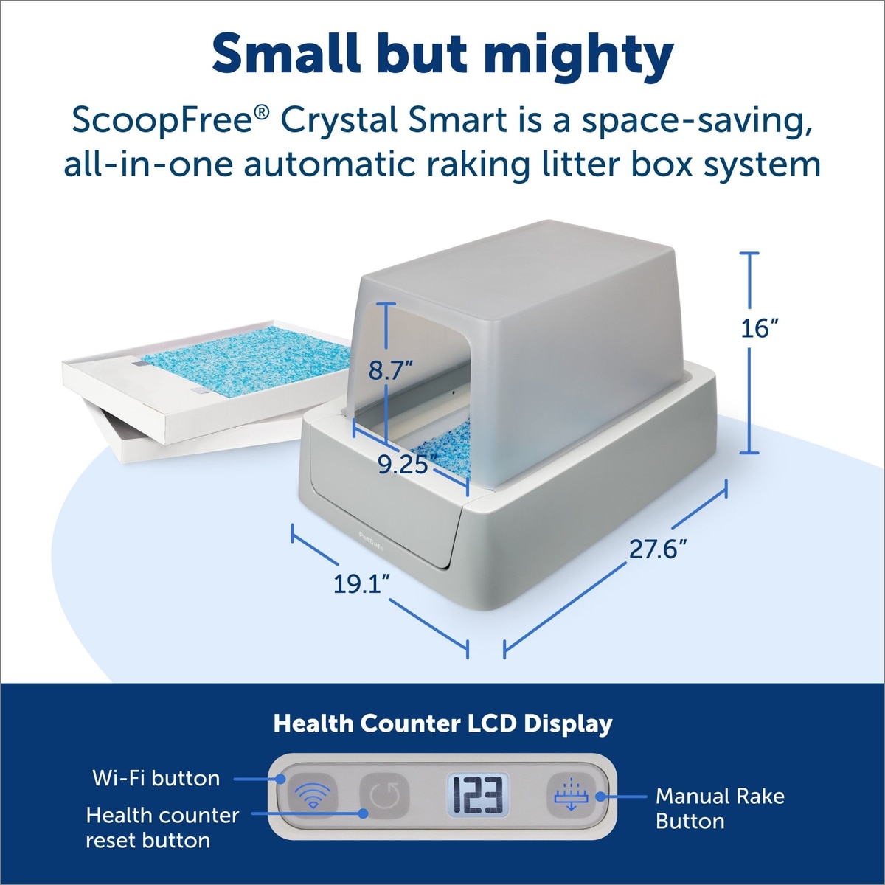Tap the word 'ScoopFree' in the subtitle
pos(164,121)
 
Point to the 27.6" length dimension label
pos(658,549)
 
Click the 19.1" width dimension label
pos(362,583)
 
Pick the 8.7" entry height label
pos(392,369)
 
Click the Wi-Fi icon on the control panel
pos(312,796)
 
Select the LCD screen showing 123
pos(478,796)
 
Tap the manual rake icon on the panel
pos(571,795)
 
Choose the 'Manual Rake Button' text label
pos(720,808)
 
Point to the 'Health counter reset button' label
pos(162,827)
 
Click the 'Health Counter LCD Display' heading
pos(442,723)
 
